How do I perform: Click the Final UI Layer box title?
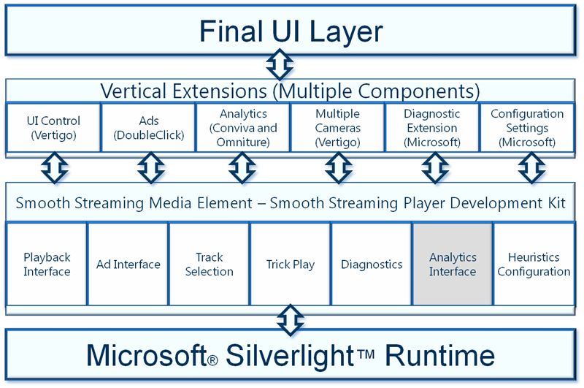[291, 31]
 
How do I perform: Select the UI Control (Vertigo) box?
[53, 127]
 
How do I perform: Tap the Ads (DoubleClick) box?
[149, 127]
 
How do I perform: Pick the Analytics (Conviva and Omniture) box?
[243, 127]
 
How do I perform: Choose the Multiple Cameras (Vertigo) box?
[338, 127]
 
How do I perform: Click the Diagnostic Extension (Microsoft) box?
[432, 127]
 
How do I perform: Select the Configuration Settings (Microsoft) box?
[527, 127]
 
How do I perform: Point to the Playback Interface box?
[47, 264]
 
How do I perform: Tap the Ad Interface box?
[128, 264]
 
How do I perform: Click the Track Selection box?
[209, 264]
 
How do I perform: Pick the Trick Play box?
[291, 264]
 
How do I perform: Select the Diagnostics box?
[372, 264]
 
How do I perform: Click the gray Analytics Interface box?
[453, 264]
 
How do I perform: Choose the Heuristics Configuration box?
[534, 264]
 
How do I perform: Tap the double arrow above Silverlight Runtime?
[291, 320]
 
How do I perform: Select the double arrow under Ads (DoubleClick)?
[151, 168]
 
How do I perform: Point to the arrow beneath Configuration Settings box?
[532, 168]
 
